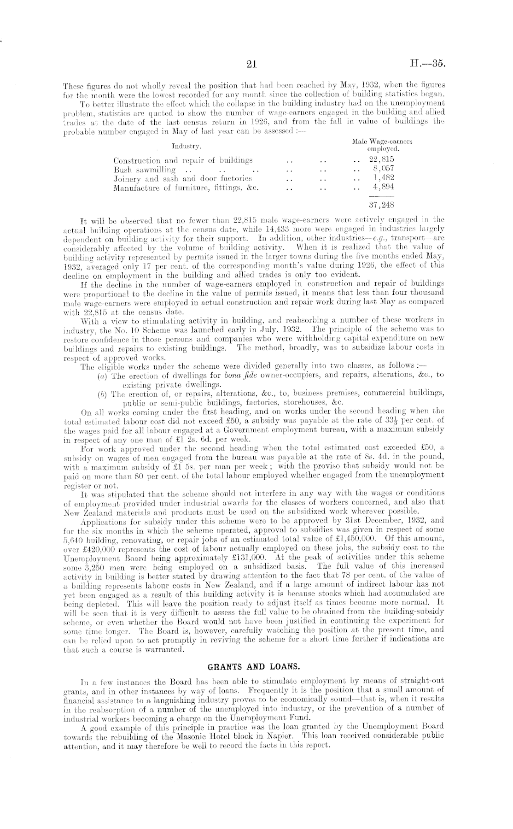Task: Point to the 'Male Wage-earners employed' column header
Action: [x=382, y=145]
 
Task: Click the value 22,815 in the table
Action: [x=382, y=160]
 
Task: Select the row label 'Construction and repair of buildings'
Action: [x=183, y=160]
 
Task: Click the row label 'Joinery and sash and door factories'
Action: [x=182, y=178]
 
